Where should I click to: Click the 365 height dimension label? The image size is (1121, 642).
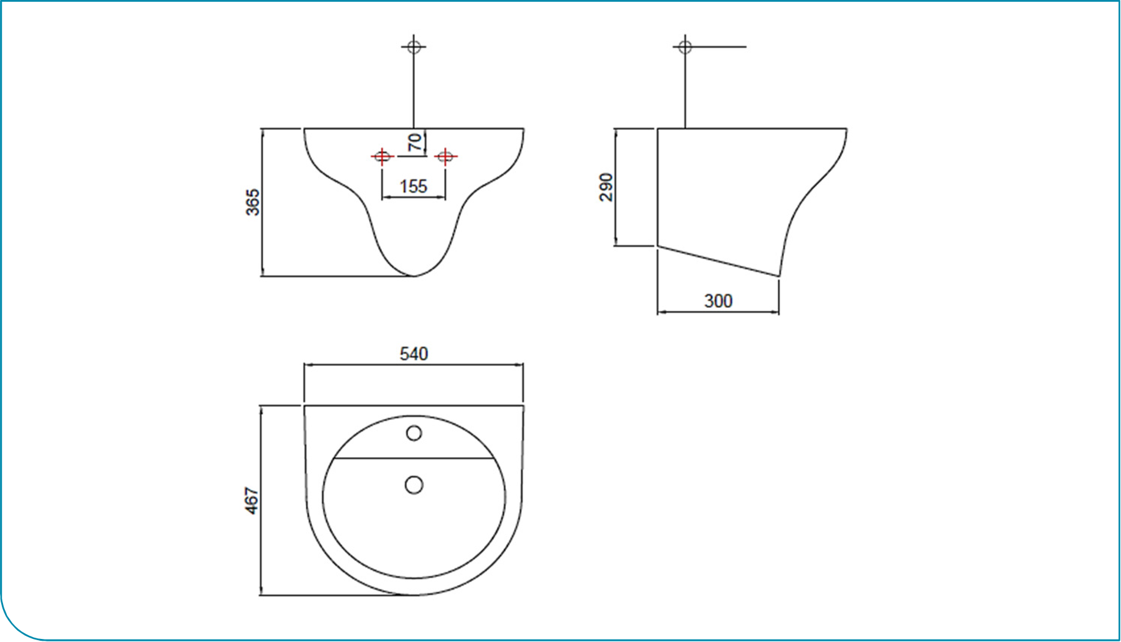(x=253, y=203)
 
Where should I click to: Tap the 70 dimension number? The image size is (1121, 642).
(x=415, y=142)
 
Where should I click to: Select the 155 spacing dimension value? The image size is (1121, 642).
(x=413, y=186)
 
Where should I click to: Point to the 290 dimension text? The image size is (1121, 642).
(x=606, y=187)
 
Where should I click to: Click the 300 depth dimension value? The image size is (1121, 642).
(x=718, y=301)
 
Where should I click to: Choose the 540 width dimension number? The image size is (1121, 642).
(x=414, y=354)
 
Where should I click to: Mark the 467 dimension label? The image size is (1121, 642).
(x=251, y=500)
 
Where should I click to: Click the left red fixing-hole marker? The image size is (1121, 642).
(x=382, y=157)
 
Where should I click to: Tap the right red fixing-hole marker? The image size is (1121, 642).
(x=445, y=157)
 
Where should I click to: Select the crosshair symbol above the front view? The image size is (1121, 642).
(x=414, y=46)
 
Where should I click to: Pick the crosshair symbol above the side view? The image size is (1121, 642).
(x=685, y=46)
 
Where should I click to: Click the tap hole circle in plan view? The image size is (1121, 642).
(x=414, y=433)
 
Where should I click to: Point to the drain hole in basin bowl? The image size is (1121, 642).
(x=414, y=485)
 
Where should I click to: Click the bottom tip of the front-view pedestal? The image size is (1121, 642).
(x=414, y=276)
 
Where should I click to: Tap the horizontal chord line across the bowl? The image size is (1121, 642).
(x=414, y=458)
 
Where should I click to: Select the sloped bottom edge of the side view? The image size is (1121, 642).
(x=718, y=261)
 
